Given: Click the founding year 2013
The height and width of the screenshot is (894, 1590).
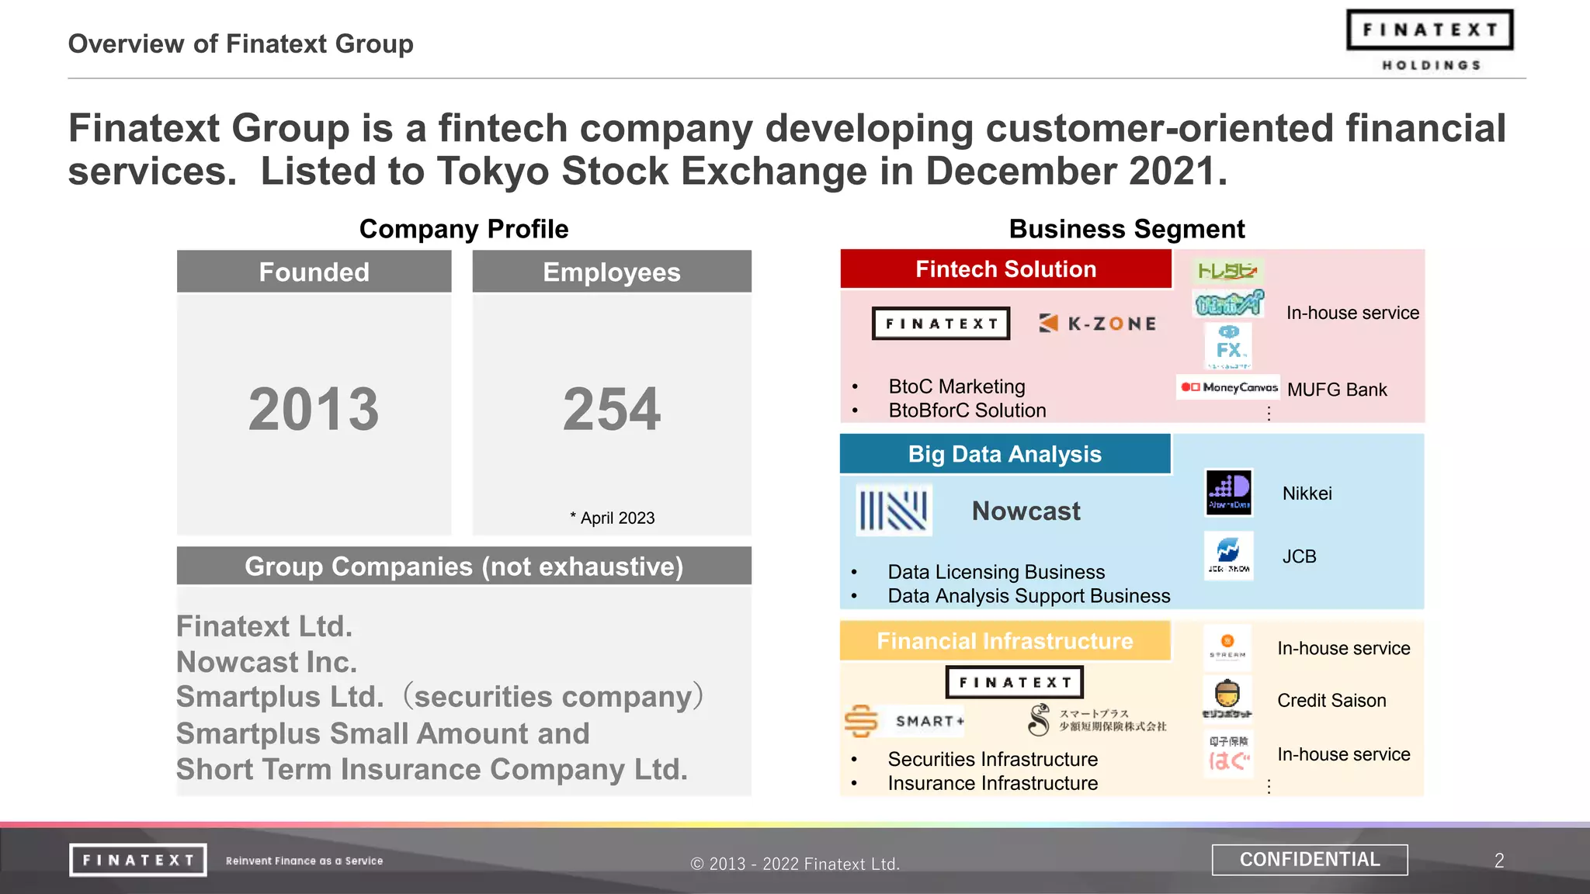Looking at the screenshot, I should (x=314, y=409).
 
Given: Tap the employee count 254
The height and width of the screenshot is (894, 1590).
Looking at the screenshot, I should (x=612, y=409).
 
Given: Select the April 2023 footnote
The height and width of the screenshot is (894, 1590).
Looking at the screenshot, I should (x=613, y=518).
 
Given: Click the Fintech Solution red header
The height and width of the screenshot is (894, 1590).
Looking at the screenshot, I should (x=1005, y=269).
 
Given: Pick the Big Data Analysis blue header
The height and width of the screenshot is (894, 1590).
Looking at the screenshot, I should (x=1005, y=454).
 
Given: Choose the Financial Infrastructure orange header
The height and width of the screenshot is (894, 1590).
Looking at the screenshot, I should (x=1005, y=641).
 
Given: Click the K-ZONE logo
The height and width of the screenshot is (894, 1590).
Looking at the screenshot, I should (x=1098, y=324).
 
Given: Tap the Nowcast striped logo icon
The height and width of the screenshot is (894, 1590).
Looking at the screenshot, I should (x=894, y=511).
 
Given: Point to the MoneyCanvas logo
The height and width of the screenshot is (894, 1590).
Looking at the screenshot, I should (x=1229, y=387).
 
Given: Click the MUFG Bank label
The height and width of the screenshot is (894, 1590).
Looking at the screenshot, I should (x=1337, y=390).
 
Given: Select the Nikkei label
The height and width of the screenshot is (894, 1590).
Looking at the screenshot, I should (x=1307, y=494).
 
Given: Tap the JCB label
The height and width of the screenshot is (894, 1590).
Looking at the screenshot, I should (x=1300, y=556).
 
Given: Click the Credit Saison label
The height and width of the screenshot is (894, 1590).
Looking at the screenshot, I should (x=1331, y=701).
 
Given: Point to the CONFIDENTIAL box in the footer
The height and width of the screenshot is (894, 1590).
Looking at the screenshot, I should (x=1310, y=860).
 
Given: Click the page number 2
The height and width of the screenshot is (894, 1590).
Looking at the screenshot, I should (x=1499, y=861).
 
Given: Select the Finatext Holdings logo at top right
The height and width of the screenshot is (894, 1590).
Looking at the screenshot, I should (x=1430, y=41).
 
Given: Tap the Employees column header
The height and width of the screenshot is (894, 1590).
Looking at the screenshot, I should (x=612, y=272).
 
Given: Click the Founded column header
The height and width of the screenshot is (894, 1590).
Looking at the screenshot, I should (x=314, y=272).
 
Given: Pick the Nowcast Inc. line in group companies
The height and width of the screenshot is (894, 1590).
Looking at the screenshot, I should (x=267, y=662).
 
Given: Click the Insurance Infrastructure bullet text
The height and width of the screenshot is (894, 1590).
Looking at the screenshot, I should (x=993, y=783).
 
